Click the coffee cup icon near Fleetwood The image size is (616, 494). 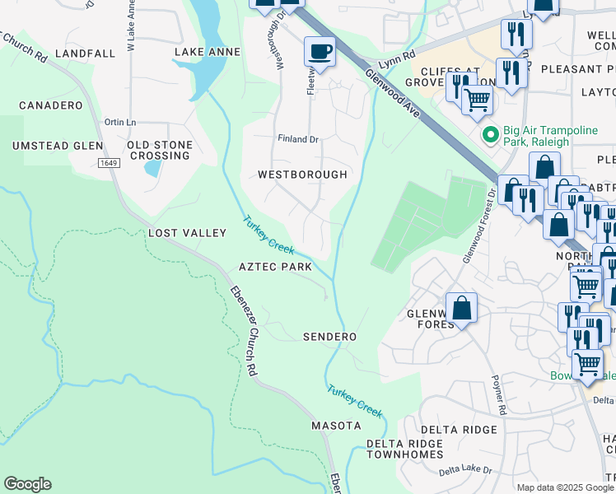click(320, 52)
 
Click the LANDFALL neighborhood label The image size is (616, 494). click(86, 53)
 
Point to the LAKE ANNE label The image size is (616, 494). click(208, 52)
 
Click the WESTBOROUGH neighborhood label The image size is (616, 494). click(302, 175)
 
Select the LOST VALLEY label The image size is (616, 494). click(187, 233)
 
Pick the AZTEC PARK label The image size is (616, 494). click(275, 267)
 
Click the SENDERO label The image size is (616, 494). click(329, 337)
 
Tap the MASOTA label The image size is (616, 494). click(336, 426)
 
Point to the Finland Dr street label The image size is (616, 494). click(298, 139)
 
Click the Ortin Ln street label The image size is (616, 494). click(120, 122)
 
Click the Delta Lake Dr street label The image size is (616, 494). click(465, 470)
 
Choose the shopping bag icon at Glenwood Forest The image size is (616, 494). click(462, 308)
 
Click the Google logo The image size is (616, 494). click(27, 484)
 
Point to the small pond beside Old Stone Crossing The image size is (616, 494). click(152, 168)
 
